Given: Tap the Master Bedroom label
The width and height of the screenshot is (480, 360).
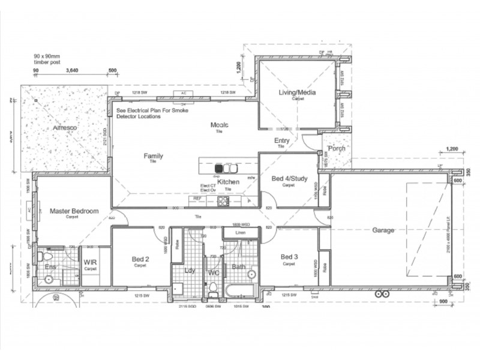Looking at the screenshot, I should click(74, 211).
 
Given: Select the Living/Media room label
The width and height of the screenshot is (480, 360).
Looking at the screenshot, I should click(297, 92).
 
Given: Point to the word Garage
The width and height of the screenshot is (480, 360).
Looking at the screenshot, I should click(383, 230).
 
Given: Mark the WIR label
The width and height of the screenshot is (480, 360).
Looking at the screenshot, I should click(91, 263).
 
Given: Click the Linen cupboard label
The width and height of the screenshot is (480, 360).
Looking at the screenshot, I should click(240, 232).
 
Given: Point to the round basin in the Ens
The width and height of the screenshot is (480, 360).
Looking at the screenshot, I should click(48, 279).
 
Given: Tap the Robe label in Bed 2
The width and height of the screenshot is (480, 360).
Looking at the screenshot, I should click(178, 245).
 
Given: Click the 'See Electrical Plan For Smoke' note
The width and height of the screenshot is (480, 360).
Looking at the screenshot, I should click(152, 111).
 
